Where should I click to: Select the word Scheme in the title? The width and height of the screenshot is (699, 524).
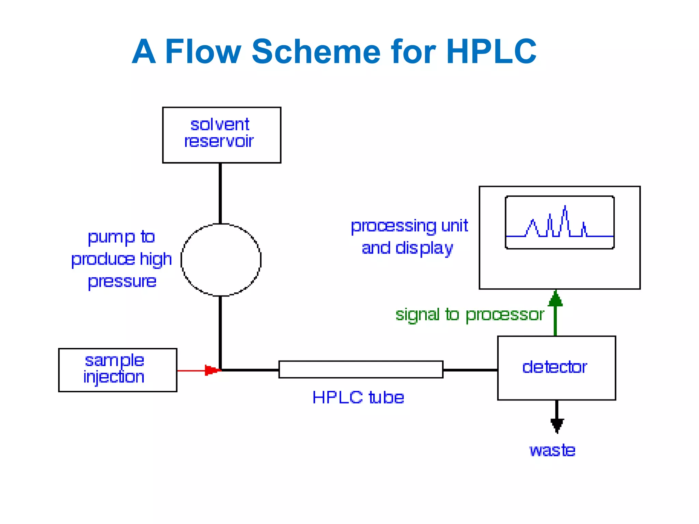pos(316,52)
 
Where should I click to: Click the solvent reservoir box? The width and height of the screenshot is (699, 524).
pos(222,135)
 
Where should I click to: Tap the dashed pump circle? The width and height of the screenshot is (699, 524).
pos(221,260)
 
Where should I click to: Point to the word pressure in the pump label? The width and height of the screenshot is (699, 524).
pos(122,282)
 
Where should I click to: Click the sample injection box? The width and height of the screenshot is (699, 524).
pos(117,370)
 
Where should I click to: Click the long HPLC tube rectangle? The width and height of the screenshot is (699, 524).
pos(360,369)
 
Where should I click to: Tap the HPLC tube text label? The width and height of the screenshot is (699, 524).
pos(358,397)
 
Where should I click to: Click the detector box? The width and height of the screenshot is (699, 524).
pos(556,368)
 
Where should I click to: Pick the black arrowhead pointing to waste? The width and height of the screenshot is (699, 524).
pos(557,425)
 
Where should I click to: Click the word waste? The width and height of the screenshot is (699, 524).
pos(552,450)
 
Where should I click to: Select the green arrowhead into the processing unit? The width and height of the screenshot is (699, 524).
pos(555,298)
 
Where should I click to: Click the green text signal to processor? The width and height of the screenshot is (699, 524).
pos(469,314)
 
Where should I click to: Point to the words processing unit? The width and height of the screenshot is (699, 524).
pos(409,226)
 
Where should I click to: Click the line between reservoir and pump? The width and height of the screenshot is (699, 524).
pos(220,193)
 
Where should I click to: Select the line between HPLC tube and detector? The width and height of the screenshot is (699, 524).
pos(470,370)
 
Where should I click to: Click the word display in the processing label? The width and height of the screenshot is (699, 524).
pos(424,248)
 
